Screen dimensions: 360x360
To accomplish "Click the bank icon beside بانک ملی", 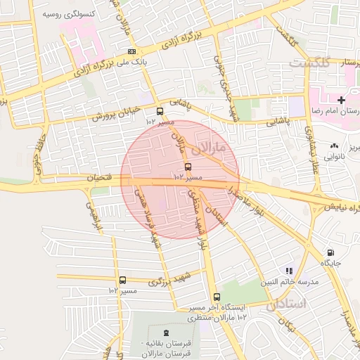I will (132, 52).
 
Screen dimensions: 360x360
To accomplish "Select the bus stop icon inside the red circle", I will (188, 167).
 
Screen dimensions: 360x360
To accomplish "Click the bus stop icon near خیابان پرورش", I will (160, 111).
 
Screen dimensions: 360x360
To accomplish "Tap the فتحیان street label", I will (98, 178).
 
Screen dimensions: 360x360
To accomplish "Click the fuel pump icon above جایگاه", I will (330, 252).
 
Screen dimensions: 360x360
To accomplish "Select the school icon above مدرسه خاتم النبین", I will (288, 270).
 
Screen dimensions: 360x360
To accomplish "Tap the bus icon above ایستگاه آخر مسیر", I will (217, 297).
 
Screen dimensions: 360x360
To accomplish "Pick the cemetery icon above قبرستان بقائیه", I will (166, 332).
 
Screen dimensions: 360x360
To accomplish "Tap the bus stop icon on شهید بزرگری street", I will (123, 280).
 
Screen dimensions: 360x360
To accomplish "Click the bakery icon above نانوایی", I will (333, 146).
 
